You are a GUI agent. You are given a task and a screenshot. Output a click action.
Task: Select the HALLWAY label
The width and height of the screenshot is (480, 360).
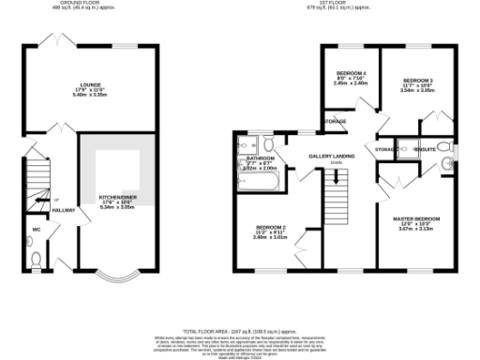click(64, 210)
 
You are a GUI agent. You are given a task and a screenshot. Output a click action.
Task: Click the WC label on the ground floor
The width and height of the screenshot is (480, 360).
click(36, 228)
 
